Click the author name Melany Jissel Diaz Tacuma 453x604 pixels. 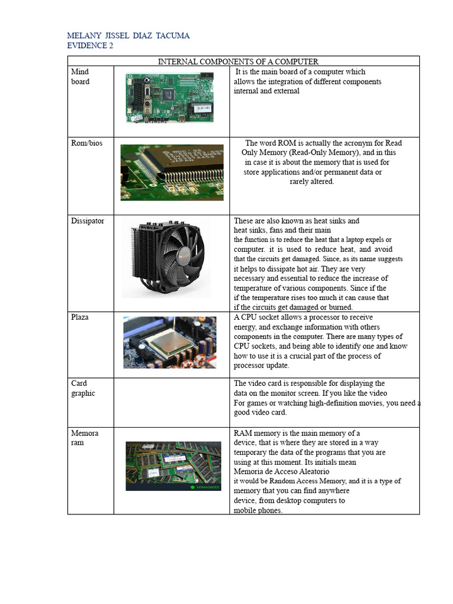pyautogui.click(x=128, y=36)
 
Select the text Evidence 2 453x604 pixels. pyautogui.click(x=90, y=46)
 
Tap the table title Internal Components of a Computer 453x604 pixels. pyautogui.click(x=238, y=61)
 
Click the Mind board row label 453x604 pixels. pyautogui.click(x=80, y=77)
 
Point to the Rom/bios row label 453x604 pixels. pyautogui.click(x=87, y=143)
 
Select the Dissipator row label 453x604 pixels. pyautogui.click(x=87, y=221)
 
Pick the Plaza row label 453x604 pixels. pyautogui.click(x=80, y=317)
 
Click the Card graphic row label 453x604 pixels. pyautogui.click(x=83, y=388)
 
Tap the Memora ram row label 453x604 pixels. pyautogui.click(x=84, y=438)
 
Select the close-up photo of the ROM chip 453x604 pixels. pyautogui.click(x=172, y=172)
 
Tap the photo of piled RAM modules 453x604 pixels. pyautogui.click(x=173, y=466)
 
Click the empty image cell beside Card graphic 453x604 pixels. pyautogui.click(x=172, y=402)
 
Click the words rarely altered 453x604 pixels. pyautogui.click(x=311, y=182)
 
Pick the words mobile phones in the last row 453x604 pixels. pyautogui.click(x=258, y=511)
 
